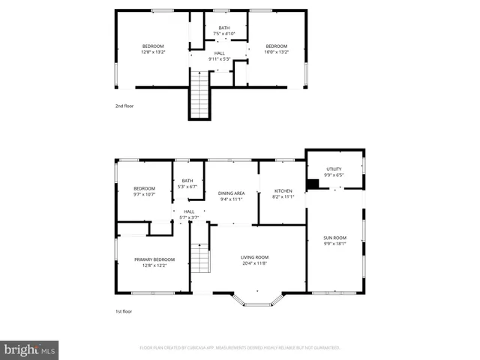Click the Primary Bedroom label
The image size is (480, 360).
pos(150,259)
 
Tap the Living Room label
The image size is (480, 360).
pos(254,257)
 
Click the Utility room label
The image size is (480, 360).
pos(334,169)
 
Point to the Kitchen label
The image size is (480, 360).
pos(283,191)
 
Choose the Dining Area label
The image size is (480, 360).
pos(232,193)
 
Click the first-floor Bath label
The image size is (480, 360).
pos(187,181)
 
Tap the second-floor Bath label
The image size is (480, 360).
pos(224,28)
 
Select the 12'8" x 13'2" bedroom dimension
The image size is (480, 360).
pos(152,52)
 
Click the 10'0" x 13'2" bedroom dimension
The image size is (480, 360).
pos(276,52)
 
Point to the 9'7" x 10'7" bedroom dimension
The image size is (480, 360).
pos(145,194)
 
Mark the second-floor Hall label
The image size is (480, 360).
pos(220,53)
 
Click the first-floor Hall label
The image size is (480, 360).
pos(189,212)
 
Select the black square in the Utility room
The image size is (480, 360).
pos(313,184)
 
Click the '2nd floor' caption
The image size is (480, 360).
pos(124,106)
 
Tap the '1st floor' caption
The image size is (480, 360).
pos(124,310)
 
